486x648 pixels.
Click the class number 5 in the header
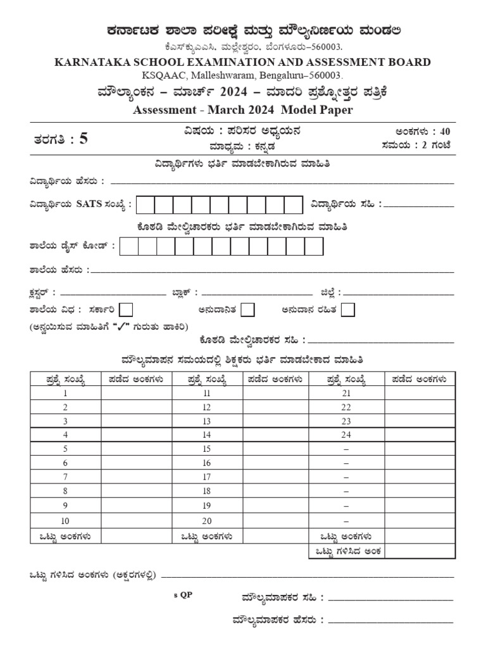[x=83, y=140]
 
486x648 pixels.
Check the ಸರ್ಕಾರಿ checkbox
[x=127, y=309]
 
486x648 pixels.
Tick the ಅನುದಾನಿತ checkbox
[x=248, y=309]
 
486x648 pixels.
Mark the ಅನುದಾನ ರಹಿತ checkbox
[x=347, y=309]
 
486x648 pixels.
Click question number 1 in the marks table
[x=65, y=393]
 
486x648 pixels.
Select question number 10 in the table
[x=65, y=521]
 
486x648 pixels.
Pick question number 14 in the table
[x=206, y=435]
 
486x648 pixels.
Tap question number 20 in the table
[x=206, y=521]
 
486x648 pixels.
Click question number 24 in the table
[x=346, y=435]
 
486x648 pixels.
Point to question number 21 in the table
[x=346, y=393]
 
